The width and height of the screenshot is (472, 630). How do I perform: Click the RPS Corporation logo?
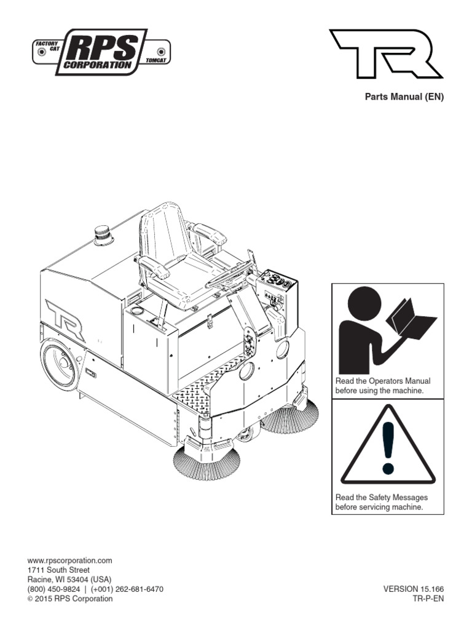[x=101, y=52]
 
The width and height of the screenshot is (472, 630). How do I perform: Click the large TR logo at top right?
[x=386, y=54]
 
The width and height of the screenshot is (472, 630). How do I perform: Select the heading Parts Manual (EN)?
[x=404, y=97]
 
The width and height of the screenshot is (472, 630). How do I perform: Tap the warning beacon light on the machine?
[x=102, y=236]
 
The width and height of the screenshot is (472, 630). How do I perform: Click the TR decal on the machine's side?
[x=65, y=320]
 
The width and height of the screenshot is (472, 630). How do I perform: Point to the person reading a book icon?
[x=387, y=329]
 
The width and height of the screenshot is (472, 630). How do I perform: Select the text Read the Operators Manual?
[x=382, y=381]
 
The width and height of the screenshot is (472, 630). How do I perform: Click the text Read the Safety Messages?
[x=381, y=497]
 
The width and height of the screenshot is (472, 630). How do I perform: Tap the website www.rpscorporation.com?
[x=70, y=560]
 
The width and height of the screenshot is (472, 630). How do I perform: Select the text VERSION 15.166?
[x=413, y=589]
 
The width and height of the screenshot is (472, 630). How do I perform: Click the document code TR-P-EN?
[x=428, y=598]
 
